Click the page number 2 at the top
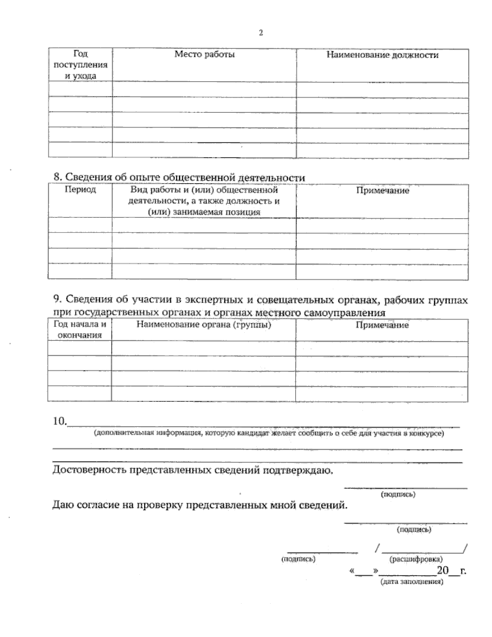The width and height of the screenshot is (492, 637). (260, 33)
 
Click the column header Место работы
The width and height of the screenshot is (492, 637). (204, 55)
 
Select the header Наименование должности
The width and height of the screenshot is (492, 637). (382, 55)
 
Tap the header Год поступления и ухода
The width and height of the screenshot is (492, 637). (80, 65)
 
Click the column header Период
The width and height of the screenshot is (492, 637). (80, 190)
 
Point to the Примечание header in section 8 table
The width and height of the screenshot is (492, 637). (382, 191)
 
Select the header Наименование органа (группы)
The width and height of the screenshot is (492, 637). (204, 325)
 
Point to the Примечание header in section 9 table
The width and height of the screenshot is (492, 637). (382, 325)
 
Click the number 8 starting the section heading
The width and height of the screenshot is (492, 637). (57, 177)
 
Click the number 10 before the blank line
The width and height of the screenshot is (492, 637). (59, 421)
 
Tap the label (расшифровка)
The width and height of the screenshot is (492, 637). (417, 559)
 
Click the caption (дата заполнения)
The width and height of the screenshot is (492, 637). (412, 582)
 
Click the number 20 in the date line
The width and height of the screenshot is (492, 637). (443, 571)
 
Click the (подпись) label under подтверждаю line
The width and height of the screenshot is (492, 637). (399, 495)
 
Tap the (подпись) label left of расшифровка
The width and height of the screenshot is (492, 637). (298, 559)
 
